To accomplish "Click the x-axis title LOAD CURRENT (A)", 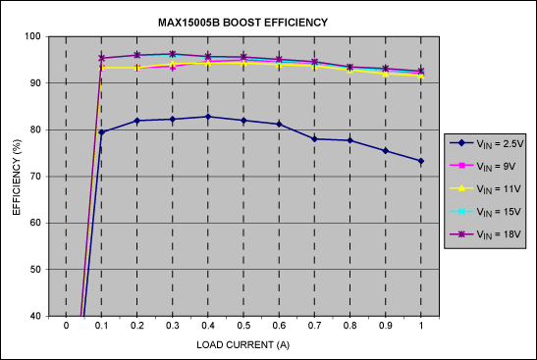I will point(242,343).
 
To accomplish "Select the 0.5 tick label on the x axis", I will point(243,327).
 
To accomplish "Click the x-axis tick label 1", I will point(421,327).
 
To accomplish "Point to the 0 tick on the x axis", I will point(66,327).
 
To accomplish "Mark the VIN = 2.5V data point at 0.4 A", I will point(208,117).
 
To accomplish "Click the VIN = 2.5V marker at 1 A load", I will point(421,161).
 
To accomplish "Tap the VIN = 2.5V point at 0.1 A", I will point(101,132).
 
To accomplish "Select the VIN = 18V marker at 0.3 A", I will point(173,54).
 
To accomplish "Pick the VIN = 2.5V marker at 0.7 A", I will point(314,139).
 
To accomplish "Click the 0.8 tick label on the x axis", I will point(349,327).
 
